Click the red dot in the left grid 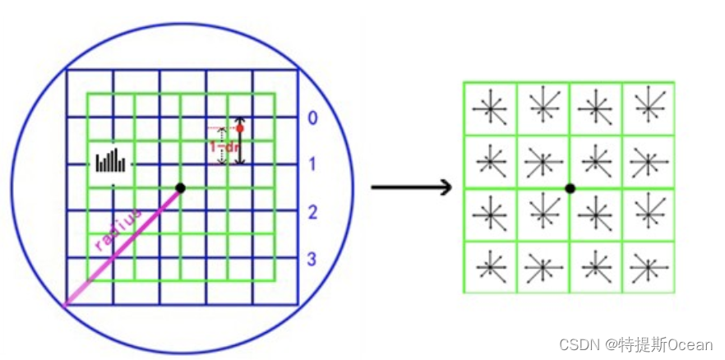(x=240, y=127)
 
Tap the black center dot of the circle (x=180, y=188)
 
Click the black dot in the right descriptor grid (x=570, y=188)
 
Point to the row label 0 (x=312, y=118)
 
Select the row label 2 (x=312, y=213)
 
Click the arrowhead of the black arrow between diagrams (x=446, y=188)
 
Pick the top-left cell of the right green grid (x=491, y=108)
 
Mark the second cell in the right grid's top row (x=543, y=108)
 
